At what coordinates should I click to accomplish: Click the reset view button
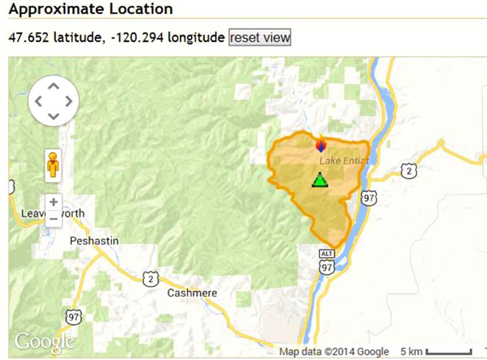click(260, 38)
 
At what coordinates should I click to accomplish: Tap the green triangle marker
click(320, 180)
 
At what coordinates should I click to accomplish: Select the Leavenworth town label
click(53, 213)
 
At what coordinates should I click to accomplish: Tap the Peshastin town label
click(94, 241)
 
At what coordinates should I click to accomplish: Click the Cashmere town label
click(192, 293)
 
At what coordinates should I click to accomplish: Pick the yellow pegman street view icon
click(53, 166)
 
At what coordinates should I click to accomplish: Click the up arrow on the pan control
click(53, 86)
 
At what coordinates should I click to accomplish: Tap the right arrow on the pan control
click(69, 102)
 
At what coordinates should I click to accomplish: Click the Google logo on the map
click(44, 342)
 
